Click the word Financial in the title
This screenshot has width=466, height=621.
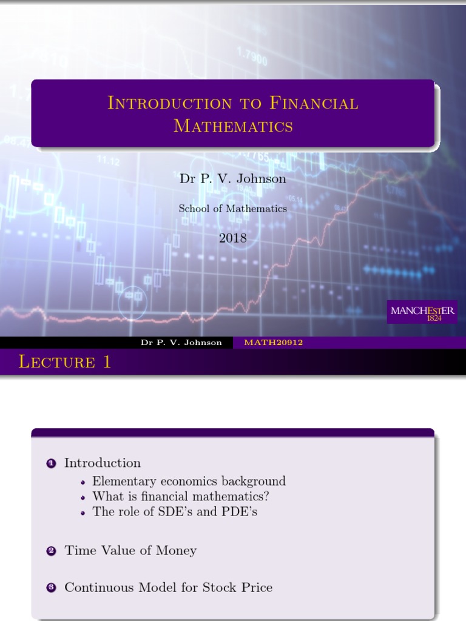(x=313, y=103)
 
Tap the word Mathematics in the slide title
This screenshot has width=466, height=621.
(x=233, y=126)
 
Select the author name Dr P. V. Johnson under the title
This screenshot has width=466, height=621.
(x=232, y=178)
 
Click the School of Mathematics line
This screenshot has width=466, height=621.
(x=232, y=208)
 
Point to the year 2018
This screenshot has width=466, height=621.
(x=233, y=238)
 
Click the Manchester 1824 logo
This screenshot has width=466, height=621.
(x=424, y=312)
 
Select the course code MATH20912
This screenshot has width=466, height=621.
(x=273, y=343)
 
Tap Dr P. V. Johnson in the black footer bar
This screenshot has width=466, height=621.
(x=181, y=343)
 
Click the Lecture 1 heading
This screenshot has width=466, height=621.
(x=65, y=363)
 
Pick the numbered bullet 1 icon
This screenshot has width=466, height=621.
(x=51, y=463)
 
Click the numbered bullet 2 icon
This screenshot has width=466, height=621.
(x=51, y=551)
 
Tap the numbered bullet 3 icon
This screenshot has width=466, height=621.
(x=51, y=588)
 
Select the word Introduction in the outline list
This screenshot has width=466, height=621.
(x=103, y=463)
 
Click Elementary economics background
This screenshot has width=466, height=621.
(x=189, y=481)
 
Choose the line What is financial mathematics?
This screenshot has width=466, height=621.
(x=181, y=496)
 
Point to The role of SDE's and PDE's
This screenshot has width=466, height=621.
(x=175, y=511)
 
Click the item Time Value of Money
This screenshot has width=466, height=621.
(x=130, y=551)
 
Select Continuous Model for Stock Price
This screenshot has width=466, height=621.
(x=169, y=587)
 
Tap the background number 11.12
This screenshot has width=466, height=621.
(x=108, y=162)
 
